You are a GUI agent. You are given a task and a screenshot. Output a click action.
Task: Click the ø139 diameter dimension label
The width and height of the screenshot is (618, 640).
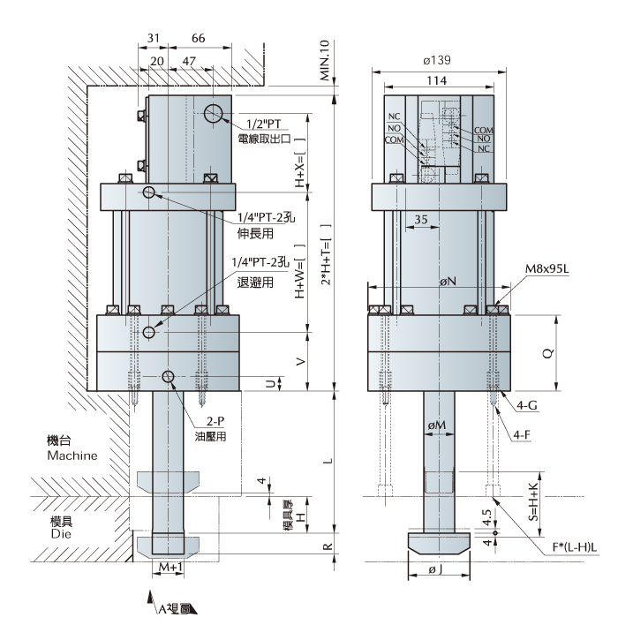point(438,60)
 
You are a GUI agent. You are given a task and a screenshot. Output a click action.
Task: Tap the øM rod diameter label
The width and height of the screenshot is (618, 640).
point(436,426)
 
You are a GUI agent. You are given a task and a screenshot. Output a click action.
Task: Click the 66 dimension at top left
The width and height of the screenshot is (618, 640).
point(199,39)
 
